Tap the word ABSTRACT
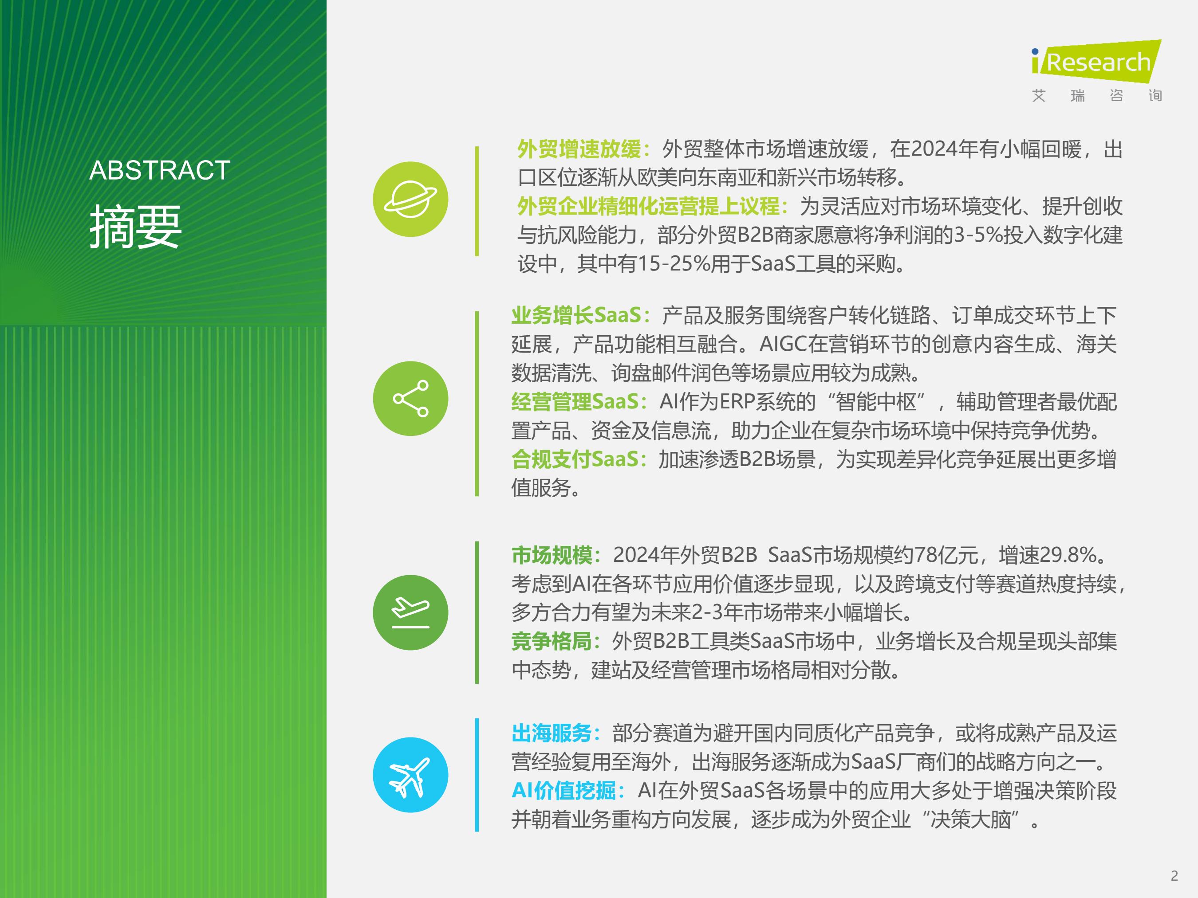pyautogui.click(x=160, y=170)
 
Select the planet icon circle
pyautogui.click(x=410, y=199)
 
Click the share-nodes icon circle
pyautogui.click(x=410, y=398)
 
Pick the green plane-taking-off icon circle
pyautogui.click(x=410, y=612)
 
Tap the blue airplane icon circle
pyautogui.click(x=410, y=775)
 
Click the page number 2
pyautogui.click(x=1174, y=876)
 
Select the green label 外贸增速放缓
pyautogui.click(x=579, y=149)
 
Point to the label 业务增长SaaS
pyautogui.click(x=576, y=315)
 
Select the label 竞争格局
pyautogui.click(x=552, y=641)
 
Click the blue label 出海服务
pyautogui.click(x=552, y=733)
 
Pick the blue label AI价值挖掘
pyautogui.click(x=564, y=791)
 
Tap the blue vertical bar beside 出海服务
pyautogui.click(x=477, y=775)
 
